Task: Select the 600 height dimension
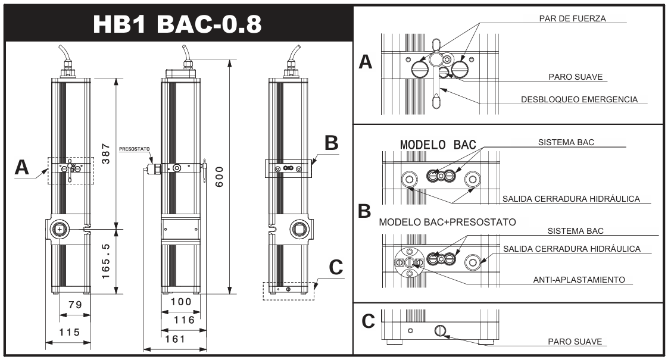pos(219,177)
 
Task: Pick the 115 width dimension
pos(69,333)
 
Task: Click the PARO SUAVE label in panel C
pos(575,342)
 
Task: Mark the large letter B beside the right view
pos(331,143)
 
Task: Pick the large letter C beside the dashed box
pos(336,268)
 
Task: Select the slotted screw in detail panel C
pos(440,330)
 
